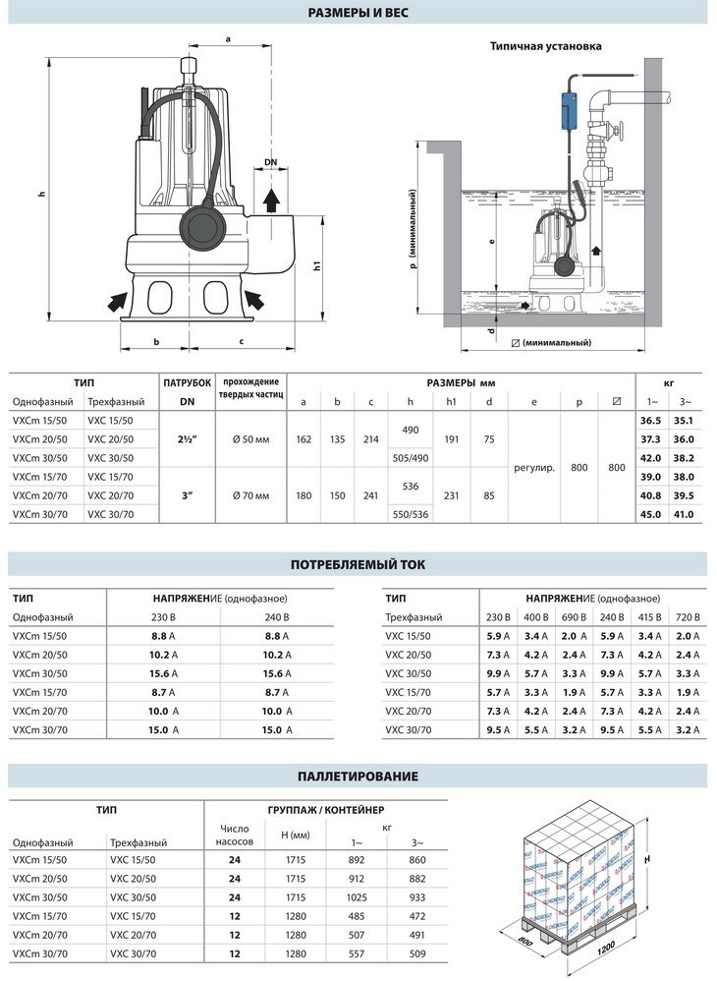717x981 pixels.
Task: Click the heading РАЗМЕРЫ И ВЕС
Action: (x=358, y=13)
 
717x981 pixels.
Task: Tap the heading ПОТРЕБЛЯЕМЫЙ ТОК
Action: (x=358, y=564)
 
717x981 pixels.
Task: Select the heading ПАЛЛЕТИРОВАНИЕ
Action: (x=358, y=776)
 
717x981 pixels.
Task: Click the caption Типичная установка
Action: (x=546, y=46)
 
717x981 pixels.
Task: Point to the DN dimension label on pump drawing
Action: (x=270, y=162)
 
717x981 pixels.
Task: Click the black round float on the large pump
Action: (x=204, y=229)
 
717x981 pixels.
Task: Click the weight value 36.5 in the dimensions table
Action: (x=650, y=420)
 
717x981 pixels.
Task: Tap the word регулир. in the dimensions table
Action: (x=534, y=467)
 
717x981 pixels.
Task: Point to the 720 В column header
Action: (x=689, y=616)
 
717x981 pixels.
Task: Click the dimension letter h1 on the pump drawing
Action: (x=315, y=265)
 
